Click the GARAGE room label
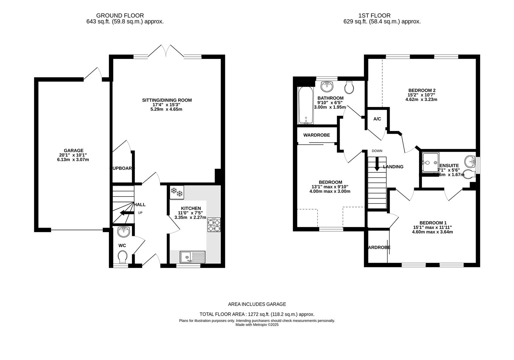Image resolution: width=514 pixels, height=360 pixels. point(74,151)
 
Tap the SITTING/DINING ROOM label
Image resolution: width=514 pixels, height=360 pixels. point(167,100)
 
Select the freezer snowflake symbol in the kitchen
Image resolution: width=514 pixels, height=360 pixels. point(176,192)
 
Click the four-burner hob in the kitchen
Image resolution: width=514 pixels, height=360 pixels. point(214,225)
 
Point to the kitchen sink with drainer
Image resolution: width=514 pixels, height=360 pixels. point(193,257)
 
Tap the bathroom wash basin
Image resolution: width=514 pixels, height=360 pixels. point(327,86)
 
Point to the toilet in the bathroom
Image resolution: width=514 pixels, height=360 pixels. point(349,87)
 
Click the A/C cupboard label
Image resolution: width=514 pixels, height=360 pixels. point(377,119)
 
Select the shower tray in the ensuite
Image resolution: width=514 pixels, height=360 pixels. point(430,163)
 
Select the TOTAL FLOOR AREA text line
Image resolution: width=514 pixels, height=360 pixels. point(257,314)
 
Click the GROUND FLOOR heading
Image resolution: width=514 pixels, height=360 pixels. point(120,15)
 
